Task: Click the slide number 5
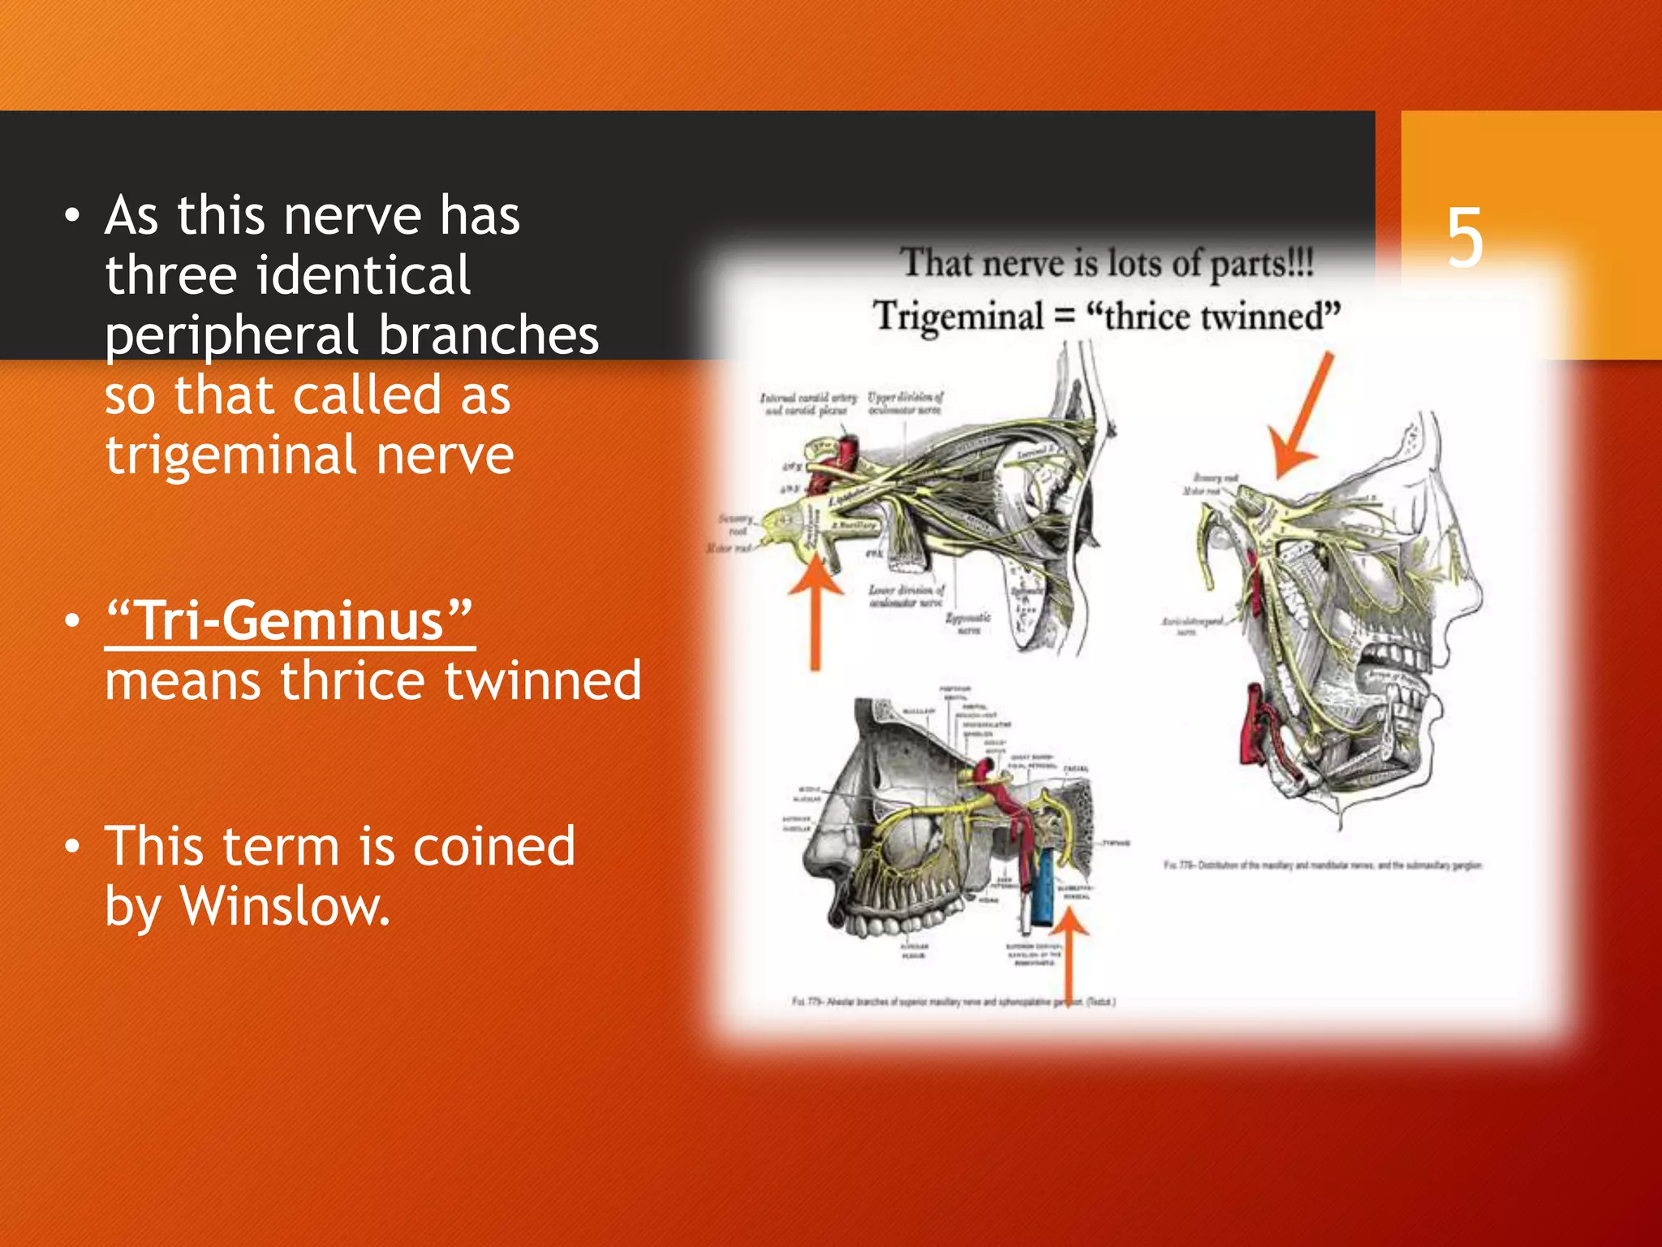point(1465,238)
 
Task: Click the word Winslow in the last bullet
point(284,906)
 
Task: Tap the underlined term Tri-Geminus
point(290,622)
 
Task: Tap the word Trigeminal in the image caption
point(958,316)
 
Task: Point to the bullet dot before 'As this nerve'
point(73,216)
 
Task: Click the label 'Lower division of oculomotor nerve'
point(906,596)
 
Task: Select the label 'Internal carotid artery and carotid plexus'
point(807,403)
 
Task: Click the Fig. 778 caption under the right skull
point(1322,865)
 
